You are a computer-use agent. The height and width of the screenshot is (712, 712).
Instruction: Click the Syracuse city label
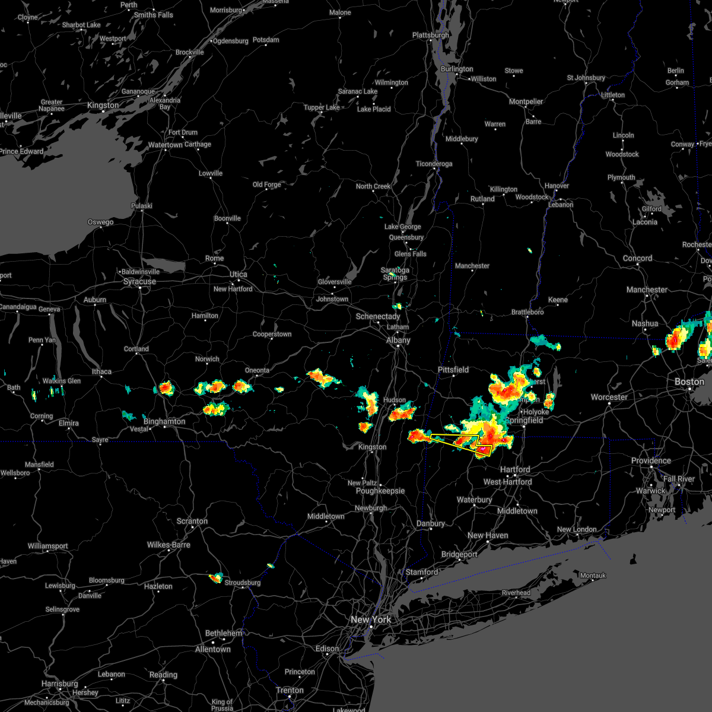click(x=139, y=281)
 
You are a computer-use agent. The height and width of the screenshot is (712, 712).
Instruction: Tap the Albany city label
click(x=398, y=340)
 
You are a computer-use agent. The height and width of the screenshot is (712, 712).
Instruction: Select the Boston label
click(x=689, y=382)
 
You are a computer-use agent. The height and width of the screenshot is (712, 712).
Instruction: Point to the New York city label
click(x=371, y=619)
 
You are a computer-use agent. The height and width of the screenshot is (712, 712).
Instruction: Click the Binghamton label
click(x=164, y=421)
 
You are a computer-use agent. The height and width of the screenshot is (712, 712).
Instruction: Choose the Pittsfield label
click(x=453, y=370)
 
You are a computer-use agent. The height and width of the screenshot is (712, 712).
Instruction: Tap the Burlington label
click(x=457, y=69)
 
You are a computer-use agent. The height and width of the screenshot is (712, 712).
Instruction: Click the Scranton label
click(x=192, y=521)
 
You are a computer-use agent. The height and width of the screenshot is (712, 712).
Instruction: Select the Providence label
click(x=651, y=460)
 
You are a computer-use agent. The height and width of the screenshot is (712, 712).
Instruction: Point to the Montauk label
click(x=593, y=576)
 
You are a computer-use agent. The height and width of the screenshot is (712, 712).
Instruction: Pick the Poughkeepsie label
click(x=380, y=491)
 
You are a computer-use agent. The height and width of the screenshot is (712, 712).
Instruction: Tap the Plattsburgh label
click(x=431, y=35)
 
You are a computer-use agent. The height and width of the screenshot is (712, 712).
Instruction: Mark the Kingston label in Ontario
click(x=103, y=105)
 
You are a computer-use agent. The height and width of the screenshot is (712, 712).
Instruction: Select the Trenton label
click(x=290, y=690)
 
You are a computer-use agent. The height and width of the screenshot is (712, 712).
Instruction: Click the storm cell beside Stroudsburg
click(x=216, y=577)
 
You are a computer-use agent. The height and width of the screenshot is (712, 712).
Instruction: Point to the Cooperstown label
click(x=272, y=334)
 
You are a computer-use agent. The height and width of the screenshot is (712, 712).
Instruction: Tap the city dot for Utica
click(x=237, y=282)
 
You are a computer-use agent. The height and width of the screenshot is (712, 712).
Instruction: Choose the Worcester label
click(x=609, y=397)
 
